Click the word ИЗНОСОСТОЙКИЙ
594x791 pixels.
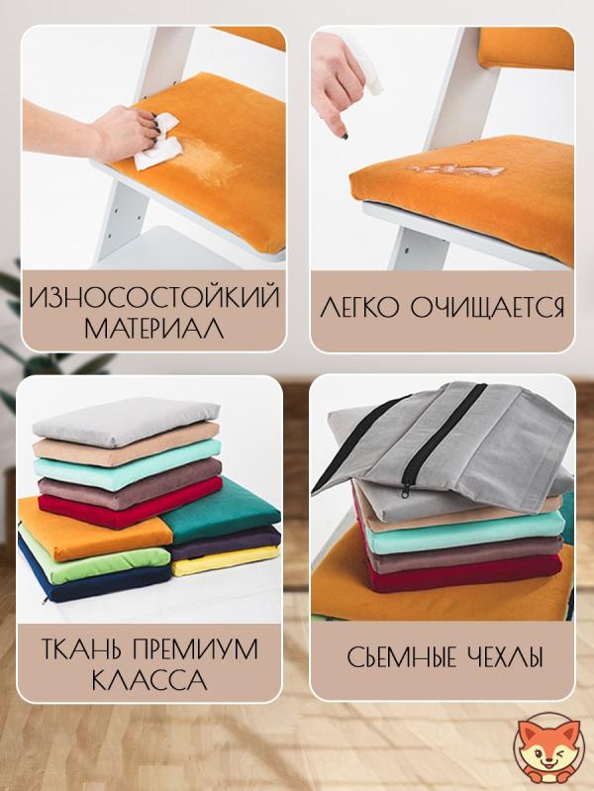153,297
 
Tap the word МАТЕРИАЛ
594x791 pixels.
153,328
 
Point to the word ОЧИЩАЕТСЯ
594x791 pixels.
487,307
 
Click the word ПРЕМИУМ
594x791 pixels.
195,649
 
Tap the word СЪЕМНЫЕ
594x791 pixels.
402,657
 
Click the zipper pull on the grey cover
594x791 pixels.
405,491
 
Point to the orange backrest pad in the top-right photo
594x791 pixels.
526,49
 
